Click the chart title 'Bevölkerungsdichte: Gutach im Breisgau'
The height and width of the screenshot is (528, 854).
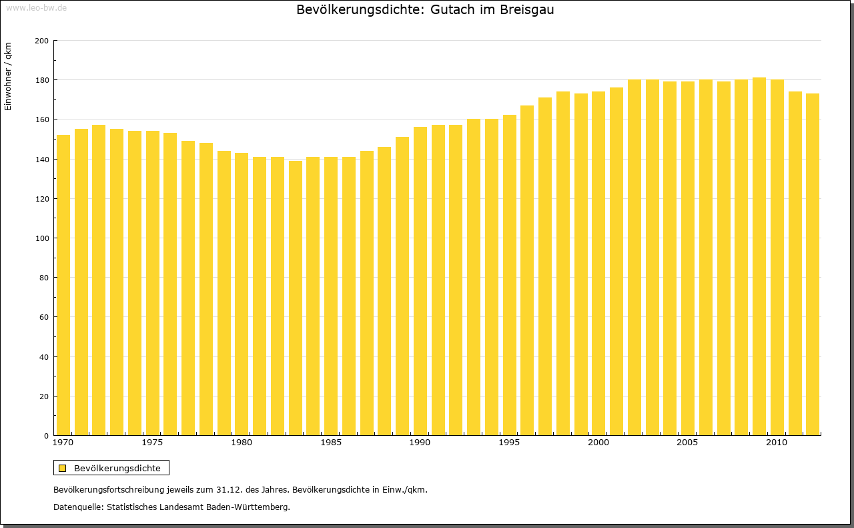point(425,10)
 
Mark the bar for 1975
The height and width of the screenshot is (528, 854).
point(153,283)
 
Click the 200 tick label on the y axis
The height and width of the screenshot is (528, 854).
point(41,41)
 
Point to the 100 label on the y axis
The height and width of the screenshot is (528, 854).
point(41,238)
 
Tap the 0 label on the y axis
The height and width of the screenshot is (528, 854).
point(46,436)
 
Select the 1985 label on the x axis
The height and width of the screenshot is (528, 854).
point(331,443)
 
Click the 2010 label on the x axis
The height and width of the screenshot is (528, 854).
point(777,443)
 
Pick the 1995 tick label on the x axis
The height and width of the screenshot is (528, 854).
point(509,443)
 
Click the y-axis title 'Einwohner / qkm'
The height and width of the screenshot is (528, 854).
point(8,76)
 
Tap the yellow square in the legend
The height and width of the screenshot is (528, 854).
point(63,468)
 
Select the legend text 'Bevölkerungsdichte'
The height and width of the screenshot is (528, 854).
point(117,468)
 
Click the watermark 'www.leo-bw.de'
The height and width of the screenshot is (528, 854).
point(36,7)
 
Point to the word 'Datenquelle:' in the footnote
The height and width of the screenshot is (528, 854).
point(77,507)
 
